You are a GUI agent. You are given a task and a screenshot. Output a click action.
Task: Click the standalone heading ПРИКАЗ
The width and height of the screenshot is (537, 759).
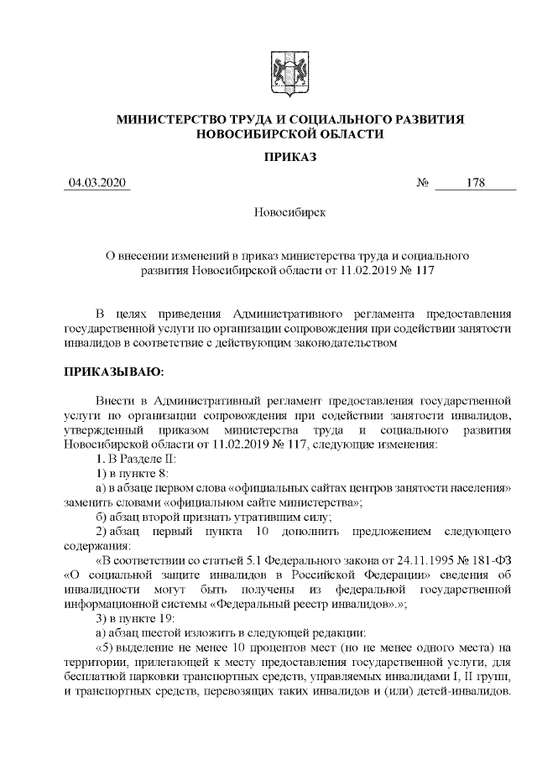click(289, 157)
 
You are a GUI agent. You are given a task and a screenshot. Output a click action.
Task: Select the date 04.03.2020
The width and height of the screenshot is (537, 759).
click(98, 183)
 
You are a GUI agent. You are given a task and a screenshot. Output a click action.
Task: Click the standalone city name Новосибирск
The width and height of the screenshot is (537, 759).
click(289, 213)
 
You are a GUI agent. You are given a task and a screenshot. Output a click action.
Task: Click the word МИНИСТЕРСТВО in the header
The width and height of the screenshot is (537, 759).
click(172, 120)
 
